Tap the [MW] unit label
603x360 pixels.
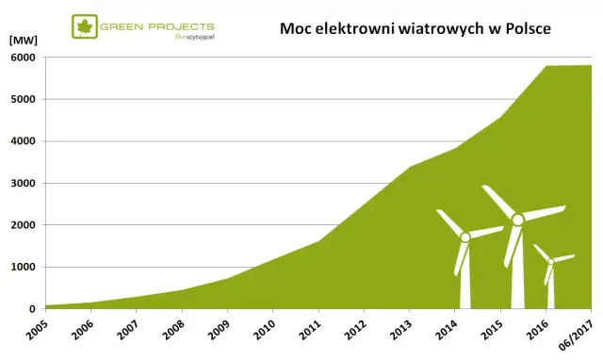(23, 41)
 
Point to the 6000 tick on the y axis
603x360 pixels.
(24, 57)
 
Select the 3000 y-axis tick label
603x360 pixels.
(24, 183)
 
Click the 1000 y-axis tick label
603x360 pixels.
(24, 267)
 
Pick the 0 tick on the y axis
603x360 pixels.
(32, 308)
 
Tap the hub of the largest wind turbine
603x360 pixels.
(517, 220)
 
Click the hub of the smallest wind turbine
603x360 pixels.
(551, 261)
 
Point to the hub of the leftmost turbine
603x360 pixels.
(465, 237)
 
